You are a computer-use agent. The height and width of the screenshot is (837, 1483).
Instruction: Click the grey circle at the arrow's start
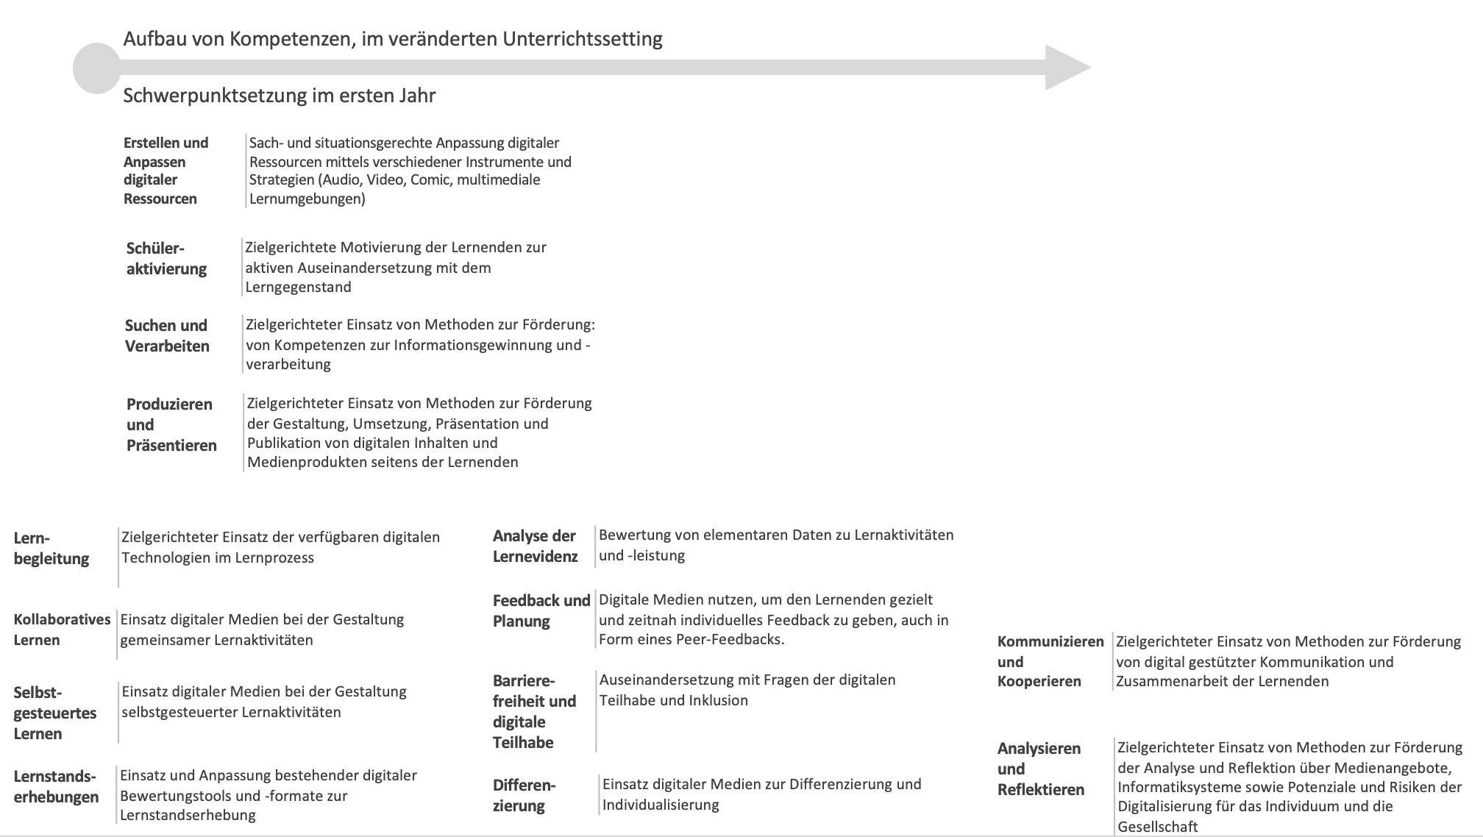click(96, 68)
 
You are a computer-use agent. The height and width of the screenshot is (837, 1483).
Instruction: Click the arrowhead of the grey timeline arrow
click(1066, 68)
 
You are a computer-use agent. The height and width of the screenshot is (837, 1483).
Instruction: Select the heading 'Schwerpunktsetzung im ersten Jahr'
click(279, 96)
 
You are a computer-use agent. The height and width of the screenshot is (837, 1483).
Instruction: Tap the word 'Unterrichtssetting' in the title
click(583, 39)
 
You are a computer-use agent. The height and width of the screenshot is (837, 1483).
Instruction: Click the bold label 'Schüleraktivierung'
click(166, 258)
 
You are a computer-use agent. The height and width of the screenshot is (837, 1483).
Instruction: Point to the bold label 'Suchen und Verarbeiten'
click(167, 335)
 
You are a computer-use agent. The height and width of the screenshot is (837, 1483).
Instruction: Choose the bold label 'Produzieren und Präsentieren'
click(171, 424)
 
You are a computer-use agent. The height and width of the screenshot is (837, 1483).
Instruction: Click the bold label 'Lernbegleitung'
click(51, 548)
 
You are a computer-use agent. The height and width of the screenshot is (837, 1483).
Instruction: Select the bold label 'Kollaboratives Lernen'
click(62, 630)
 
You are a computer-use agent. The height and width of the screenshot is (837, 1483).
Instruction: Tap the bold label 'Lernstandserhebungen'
click(55, 786)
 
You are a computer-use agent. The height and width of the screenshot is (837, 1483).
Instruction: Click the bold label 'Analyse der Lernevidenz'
click(535, 546)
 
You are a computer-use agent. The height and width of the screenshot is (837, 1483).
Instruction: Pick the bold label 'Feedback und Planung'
click(541, 610)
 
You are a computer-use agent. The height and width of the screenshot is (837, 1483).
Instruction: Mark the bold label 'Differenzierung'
click(524, 795)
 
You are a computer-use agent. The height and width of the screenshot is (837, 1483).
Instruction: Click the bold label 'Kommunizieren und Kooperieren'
click(1050, 661)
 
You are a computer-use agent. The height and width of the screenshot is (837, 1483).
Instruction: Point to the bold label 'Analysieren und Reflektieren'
click(1040, 769)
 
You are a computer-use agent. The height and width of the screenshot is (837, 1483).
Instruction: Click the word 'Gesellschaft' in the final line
click(1158, 827)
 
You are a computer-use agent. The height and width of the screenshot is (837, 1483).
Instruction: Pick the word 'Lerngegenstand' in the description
click(298, 287)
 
